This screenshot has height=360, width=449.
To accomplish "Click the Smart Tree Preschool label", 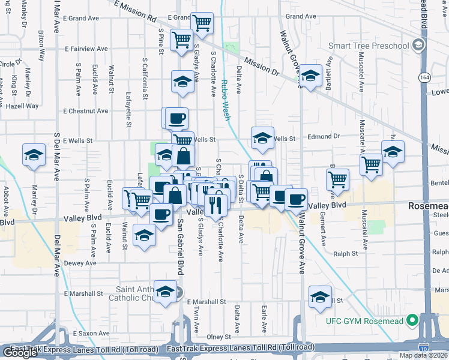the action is [369, 46].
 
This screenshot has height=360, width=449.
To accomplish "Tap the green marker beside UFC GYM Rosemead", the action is [412, 320].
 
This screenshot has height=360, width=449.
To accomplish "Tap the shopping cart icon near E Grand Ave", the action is [202, 23].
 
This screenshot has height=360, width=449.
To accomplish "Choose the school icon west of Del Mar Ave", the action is [34, 155].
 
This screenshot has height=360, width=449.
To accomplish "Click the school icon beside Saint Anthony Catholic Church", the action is [164, 292].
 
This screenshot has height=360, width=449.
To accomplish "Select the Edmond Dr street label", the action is [324, 137].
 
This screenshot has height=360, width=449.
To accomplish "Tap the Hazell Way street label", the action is [23, 106].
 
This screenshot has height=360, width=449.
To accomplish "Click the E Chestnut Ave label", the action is [86, 111].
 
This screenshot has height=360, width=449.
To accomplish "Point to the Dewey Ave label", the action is [80, 263].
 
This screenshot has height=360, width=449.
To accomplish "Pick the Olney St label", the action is [218, 337].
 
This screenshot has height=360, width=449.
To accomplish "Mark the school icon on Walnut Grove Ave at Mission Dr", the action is [310, 76].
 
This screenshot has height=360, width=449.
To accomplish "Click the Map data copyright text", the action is [422, 355].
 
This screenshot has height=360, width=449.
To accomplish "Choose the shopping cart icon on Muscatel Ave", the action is [372, 164].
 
